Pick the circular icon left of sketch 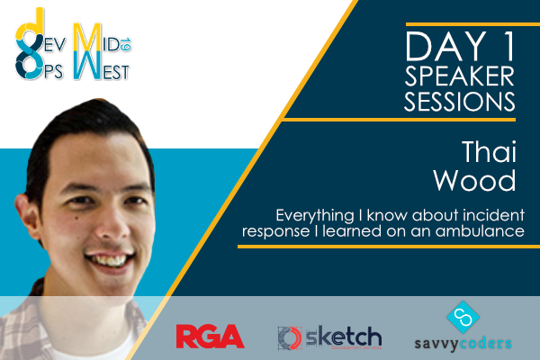[290, 338]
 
